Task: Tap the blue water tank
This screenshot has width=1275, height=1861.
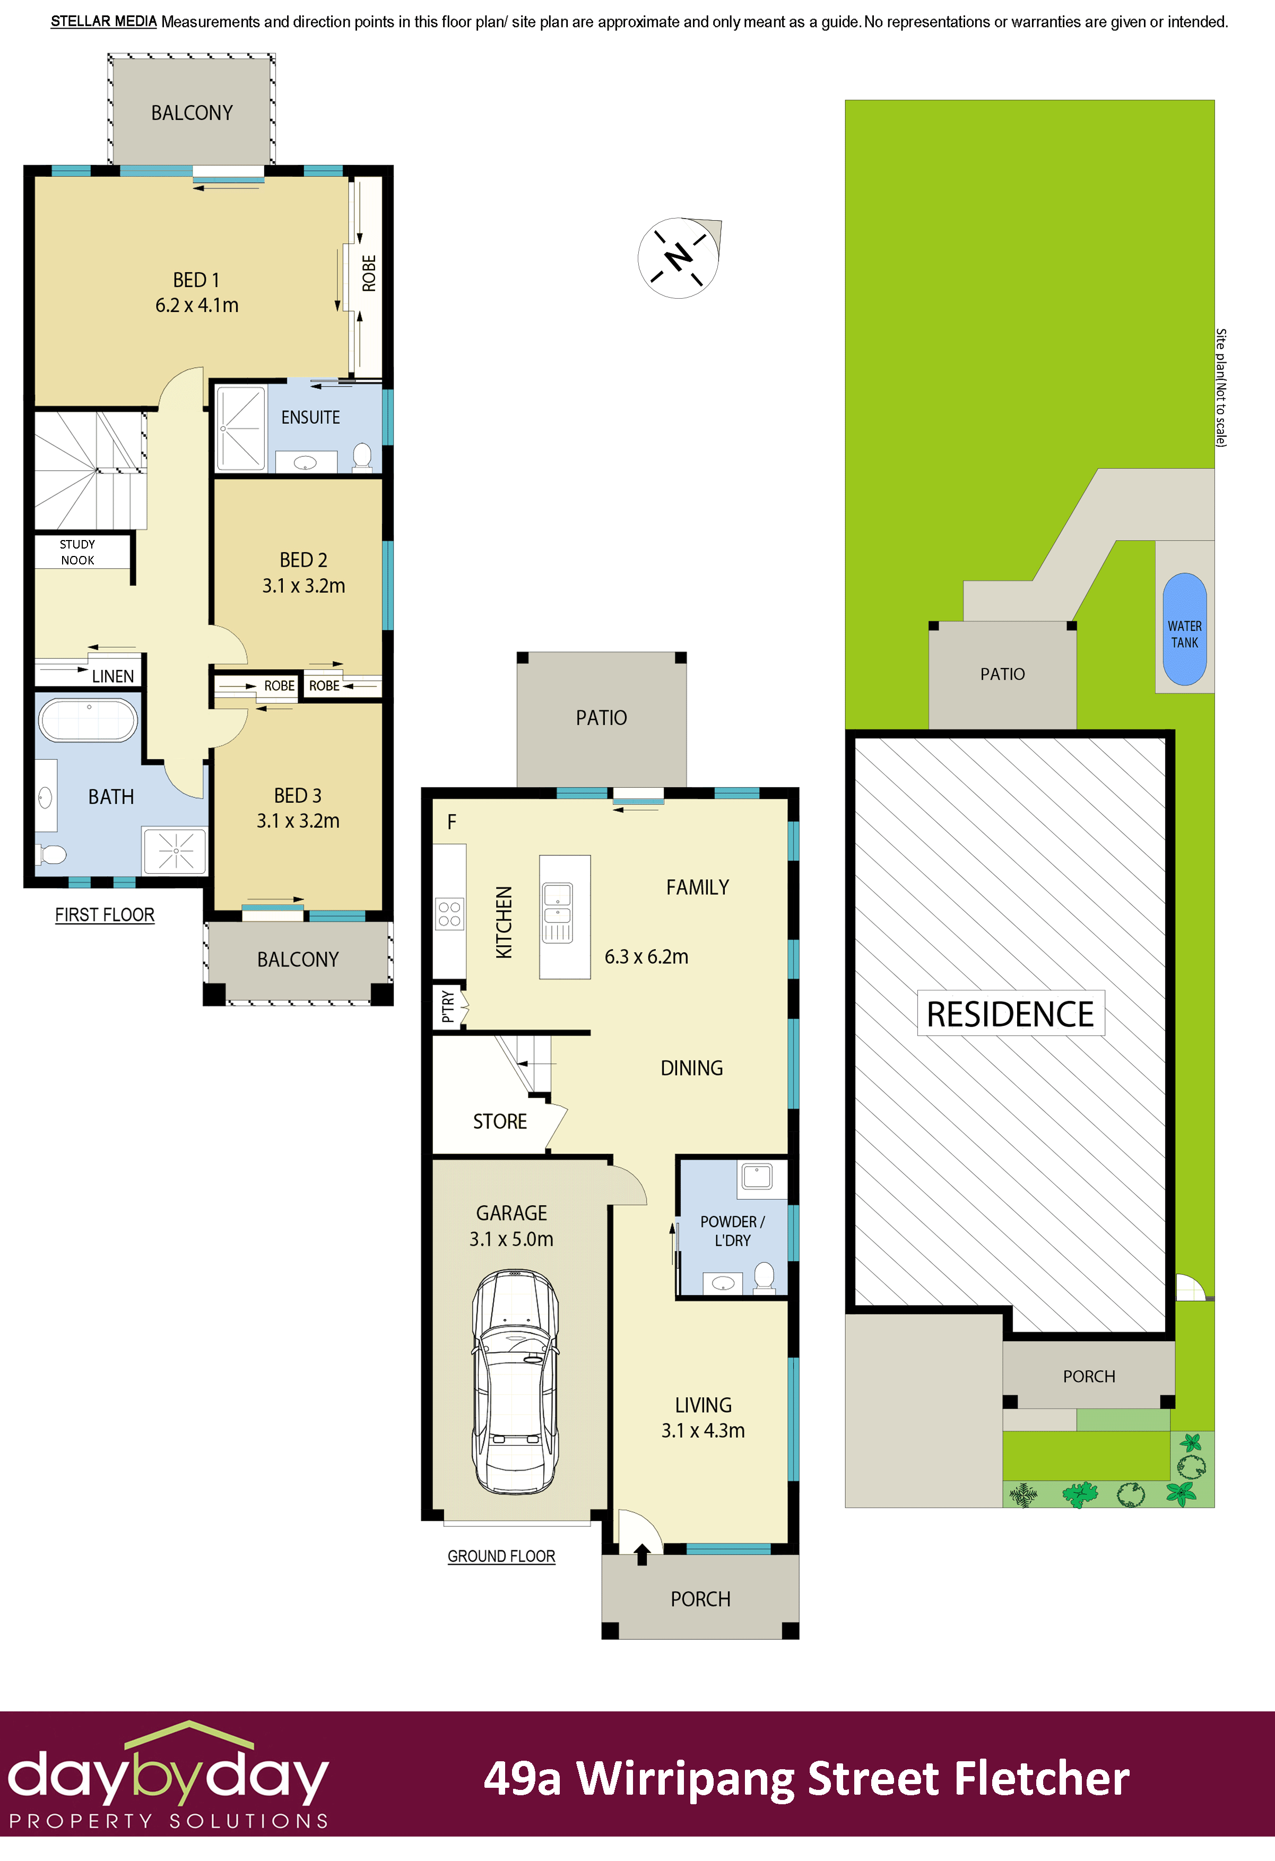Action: pyautogui.click(x=1184, y=629)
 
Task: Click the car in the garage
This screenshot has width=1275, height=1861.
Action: pyautogui.click(x=515, y=1381)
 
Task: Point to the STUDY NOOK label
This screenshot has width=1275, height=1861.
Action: pyautogui.click(x=77, y=552)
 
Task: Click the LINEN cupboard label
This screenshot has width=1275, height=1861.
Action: pyautogui.click(x=113, y=676)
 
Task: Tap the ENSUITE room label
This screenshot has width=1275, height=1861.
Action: pyautogui.click(x=310, y=417)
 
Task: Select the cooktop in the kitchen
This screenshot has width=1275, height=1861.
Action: pyautogui.click(x=449, y=914)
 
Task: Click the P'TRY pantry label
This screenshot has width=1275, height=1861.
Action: pyautogui.click(x=448, y=1006)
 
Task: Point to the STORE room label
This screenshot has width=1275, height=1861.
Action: pyautogui.click(x=500, y=1121)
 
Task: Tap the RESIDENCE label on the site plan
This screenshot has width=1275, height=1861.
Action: pyautogui.click(x=1010, y=1014)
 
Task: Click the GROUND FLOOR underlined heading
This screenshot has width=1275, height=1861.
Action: pyautogui.click(x=501, y=1556)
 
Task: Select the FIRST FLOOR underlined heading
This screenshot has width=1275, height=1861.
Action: pyautogui.click(x=105, y=915)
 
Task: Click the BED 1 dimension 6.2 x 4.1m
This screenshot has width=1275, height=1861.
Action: pyautogui.click(x=197, y=305)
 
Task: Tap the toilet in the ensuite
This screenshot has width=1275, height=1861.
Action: pyautogui.click(x=362, y=456)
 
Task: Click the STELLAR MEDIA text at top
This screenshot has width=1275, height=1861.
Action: pyautogui.click(x=103, y=22)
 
